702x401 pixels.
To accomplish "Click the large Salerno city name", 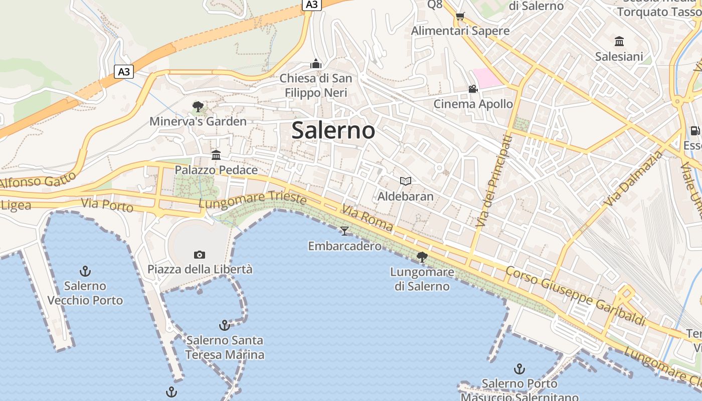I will tap(333, 130).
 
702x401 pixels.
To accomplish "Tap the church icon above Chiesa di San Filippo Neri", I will tap(316, 64).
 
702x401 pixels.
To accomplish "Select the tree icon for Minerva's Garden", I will tap(198, 106).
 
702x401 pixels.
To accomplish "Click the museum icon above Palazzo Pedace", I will tap(216, 155).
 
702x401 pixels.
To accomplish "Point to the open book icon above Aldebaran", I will tap(405, 181).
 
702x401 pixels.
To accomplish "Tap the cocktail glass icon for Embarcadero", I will tap(344, 231).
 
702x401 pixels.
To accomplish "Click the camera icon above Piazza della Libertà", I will tap(200, 255).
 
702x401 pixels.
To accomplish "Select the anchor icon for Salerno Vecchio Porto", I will tap(85, 272).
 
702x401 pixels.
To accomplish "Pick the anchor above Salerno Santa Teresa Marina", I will tap(225, 325).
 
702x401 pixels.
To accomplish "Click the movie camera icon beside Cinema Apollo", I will tap(473, 89).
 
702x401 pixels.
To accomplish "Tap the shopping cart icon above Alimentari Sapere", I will tap(460, 16).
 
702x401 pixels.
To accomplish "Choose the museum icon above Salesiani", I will tap(619, 42).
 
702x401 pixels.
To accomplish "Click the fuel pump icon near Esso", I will tap(695, 130).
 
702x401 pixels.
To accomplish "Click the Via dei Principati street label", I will tap(493, 180).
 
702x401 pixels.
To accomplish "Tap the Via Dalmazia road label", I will tap(633, 179).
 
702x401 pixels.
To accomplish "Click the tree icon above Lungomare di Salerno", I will tap(422, 257).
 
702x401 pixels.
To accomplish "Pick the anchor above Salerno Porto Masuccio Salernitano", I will tap(519, 369).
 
